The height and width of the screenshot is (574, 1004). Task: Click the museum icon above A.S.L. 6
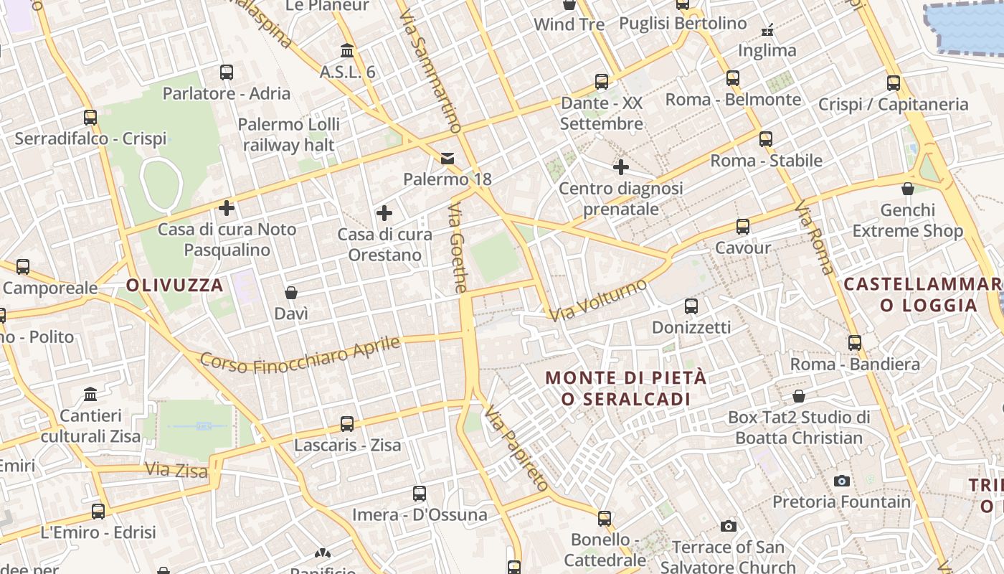coord(348,50)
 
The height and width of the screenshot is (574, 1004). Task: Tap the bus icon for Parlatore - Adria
coord(227,72)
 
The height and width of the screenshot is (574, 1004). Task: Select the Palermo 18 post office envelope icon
coord(447,158)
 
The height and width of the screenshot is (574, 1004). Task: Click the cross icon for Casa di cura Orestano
coord(384,213)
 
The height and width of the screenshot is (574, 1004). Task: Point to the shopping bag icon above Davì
coord(291,293)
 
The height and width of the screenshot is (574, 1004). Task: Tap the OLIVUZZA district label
coord(175,285)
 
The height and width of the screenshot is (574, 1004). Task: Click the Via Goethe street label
coord(458,248)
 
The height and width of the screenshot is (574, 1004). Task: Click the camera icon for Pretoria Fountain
coord(842,481)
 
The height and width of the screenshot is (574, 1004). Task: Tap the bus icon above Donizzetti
coord(691,306)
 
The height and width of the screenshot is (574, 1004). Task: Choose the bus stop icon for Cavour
coord(743,227)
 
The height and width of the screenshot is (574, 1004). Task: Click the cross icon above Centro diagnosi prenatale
coord(621,168)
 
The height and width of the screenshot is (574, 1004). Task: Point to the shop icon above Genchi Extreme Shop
coord(908,189)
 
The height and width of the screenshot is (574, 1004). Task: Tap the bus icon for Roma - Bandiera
coord(855,343)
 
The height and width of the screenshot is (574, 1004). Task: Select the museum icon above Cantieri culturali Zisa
coord(90,395)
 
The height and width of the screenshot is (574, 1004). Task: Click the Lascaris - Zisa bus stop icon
coord(347,424)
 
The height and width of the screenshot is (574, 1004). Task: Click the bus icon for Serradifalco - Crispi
coord(90,118)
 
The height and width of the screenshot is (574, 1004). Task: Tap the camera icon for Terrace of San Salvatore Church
coord(729,527)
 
